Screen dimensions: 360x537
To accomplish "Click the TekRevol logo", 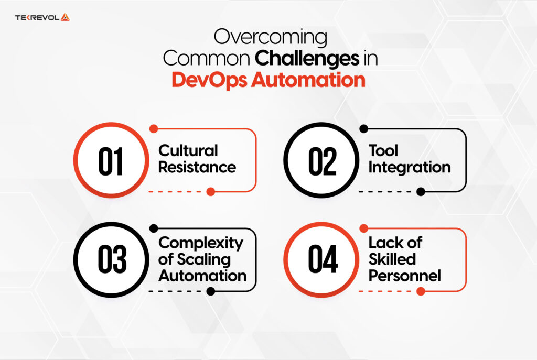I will pos(42,17).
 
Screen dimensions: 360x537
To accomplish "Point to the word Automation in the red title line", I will pos(308,80).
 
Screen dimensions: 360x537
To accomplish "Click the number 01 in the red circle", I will pos(111,161).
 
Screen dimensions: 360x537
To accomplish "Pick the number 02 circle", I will pos(321,161).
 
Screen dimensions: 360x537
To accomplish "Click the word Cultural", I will pos(188,151).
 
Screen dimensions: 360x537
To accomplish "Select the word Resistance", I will pos(197,168).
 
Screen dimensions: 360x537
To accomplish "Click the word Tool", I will pos(383,151).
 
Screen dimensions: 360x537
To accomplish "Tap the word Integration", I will pos(410,168).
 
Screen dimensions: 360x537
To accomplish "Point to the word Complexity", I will pos(201,243).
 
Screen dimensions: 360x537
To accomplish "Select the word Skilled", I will pos(392,259).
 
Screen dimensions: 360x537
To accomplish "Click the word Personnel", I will pos(404,276).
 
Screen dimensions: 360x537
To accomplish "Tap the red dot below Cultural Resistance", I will pos(211,192).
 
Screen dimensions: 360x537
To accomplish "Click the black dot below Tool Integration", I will pos(421,192).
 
